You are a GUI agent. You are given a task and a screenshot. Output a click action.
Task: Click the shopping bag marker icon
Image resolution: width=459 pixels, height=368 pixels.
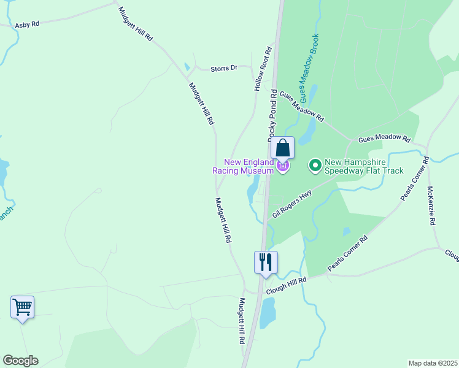[282, 148]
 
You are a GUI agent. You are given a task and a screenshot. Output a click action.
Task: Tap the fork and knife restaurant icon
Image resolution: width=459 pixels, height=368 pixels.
[266, 262]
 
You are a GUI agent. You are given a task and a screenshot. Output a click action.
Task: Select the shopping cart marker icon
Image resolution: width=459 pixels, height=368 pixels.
[22, 306]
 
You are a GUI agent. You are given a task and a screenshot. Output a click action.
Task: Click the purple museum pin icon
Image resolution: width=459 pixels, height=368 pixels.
[282, 166]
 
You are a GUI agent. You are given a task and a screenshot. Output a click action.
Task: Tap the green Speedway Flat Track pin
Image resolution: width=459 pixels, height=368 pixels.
[315, 166]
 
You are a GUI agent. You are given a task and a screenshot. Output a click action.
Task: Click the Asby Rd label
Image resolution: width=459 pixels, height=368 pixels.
[27, 24]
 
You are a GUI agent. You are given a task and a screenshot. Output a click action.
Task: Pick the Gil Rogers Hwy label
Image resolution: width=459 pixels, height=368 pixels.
[292, 204]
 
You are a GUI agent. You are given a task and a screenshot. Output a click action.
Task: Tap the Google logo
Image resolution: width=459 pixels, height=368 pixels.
[20, 361]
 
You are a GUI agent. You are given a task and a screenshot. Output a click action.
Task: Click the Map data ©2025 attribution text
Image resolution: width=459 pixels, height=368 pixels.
[432, 363]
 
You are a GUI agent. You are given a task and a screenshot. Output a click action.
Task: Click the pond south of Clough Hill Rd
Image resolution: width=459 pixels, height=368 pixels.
[268, 314]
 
